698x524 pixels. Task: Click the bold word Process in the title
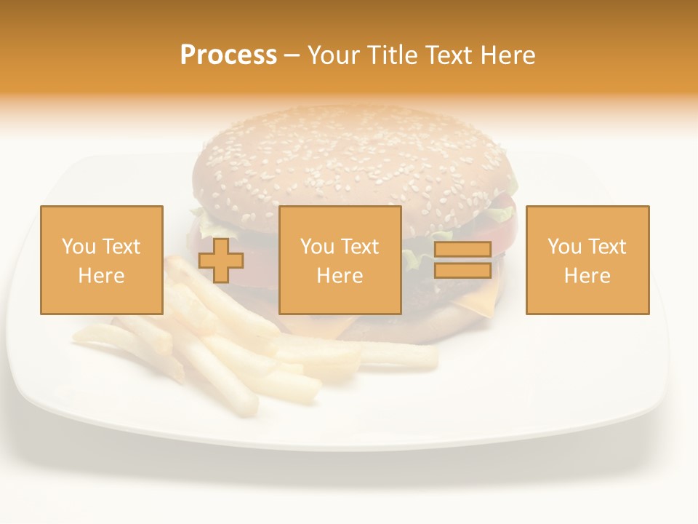(228, 55)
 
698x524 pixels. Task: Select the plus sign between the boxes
(221, 260)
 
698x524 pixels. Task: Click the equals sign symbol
(462, 260)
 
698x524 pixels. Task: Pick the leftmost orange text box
(102, 260)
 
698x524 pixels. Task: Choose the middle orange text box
(340, 260)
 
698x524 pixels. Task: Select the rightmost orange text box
(587, 260)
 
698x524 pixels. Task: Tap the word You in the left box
(79, 247)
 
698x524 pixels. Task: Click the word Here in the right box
(587, 275)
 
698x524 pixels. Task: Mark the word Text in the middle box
(359, 247)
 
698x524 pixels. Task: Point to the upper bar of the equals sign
(462, 250)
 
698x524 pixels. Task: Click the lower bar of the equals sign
(462, 270)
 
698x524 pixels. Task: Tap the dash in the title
(292, 56)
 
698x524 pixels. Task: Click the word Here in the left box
(101, 275)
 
